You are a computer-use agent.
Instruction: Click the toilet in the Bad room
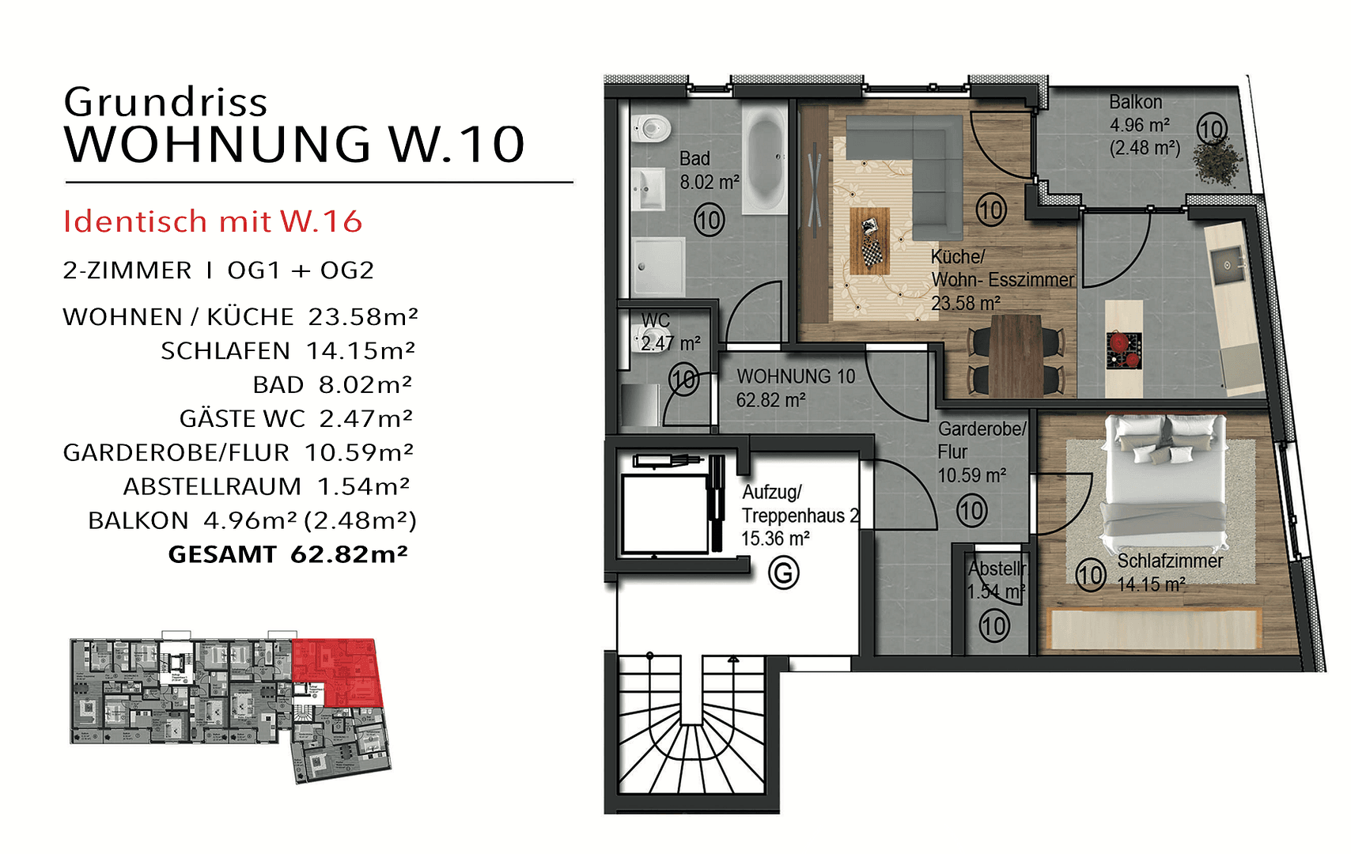(x=650, y=127)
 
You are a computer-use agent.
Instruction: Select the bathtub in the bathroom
(x=764, y=161)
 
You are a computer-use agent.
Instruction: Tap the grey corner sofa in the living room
(x=933, y=170)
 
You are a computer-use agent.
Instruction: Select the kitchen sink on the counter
(x=1226, y=262)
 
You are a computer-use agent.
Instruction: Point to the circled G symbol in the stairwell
(x=784, y=572)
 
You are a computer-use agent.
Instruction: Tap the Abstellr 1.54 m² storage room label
(x=995, y=580)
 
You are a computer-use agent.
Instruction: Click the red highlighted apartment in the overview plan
(x=336, y=672)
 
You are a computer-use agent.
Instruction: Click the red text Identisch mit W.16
(x=213, y=222)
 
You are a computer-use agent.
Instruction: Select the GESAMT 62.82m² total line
(x=288, y=554)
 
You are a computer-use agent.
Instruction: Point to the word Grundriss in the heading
(x=166, y=102)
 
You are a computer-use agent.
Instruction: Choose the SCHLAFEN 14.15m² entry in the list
(x=287, y=350)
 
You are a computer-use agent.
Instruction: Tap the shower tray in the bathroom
(x=657, y=266)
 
